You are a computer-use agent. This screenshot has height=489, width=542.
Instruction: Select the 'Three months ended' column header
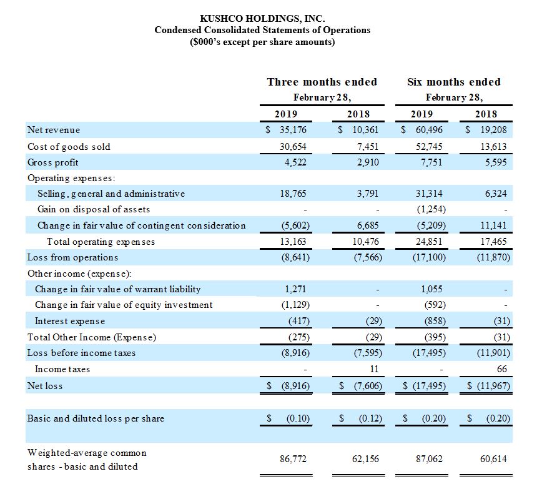pyautogui.click(x=322, y=82)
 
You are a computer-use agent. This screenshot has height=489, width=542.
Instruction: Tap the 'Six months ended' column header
pyautogui.click(x=454, y=82)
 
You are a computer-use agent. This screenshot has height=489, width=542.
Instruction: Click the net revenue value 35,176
pyautogui.click(x=291, y=130)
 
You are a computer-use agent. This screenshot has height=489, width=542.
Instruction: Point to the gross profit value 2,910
pyautogui.click(x=366, y=162)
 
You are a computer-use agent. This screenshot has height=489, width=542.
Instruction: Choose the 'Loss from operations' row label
pyautogui.click(x=72, y=257)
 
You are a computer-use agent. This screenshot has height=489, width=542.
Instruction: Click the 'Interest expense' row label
pyautogui.click(x=70, y=321)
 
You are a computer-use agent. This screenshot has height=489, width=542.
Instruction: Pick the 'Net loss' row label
pyautogui.click(x=45, y=386)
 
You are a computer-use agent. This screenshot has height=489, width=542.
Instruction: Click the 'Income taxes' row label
pyautogui.click(x=62, y=369)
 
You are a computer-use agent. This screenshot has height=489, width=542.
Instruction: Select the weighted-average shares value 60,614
pyautogui.click(x=494, y=459)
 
